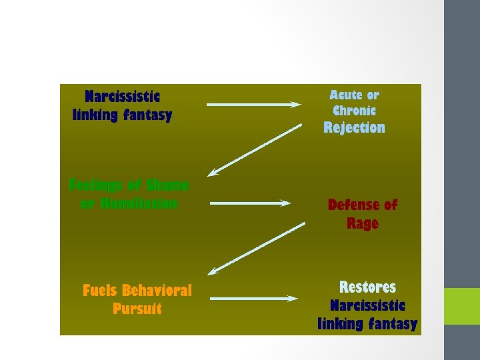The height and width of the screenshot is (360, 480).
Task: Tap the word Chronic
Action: (x=354, y=111)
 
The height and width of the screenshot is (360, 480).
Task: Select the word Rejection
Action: (x=354, y=127)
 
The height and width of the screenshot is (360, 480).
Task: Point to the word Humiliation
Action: (x=138, y=203)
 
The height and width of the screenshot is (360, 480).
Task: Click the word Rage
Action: (x=362, y=223)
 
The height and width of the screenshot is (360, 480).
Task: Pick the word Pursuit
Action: (x=137, y=309)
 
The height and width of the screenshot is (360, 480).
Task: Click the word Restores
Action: (x=367, y=287)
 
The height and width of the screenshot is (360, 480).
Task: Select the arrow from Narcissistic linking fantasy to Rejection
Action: (x=253, y=104)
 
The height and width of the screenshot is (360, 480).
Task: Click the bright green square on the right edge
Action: (x=462, y=306)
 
